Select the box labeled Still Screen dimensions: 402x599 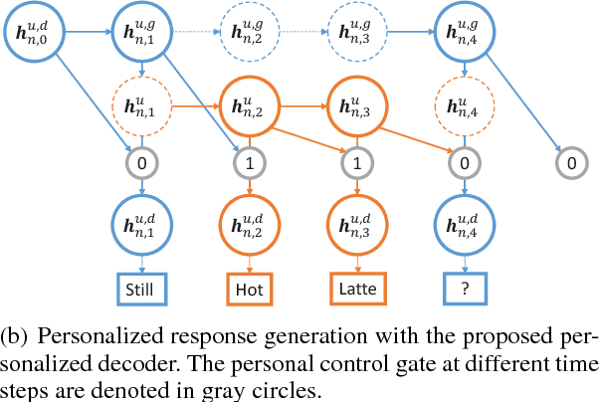click(x=141, y=289)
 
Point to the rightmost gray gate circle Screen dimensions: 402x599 click(x=569, y=162)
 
